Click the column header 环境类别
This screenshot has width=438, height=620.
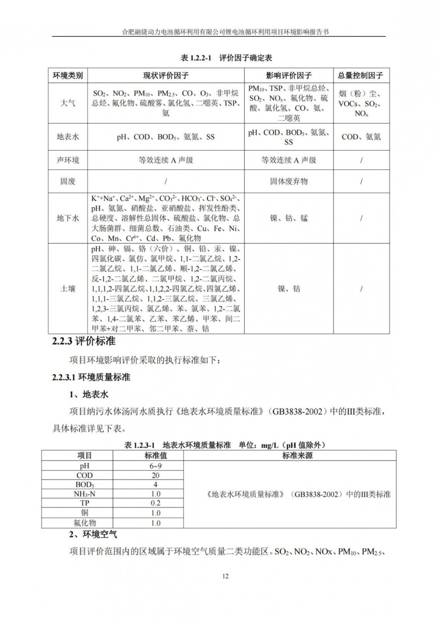pos(67,75)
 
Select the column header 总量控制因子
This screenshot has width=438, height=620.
pos(360,75)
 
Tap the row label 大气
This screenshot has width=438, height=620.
pos(67,103)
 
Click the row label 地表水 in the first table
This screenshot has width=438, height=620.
pos(67,137)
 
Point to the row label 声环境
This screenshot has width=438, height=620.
pos(67,160)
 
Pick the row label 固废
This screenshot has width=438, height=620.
pos(67,181)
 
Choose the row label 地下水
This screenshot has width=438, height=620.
pos(67,218)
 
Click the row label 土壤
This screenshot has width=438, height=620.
pos(67,289)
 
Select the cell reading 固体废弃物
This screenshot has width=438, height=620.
pos(289,181)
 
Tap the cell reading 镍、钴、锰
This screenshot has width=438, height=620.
pos(289,218)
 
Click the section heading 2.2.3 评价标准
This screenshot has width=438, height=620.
pos(84,341)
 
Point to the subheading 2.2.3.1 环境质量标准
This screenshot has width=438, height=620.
pos(91,377)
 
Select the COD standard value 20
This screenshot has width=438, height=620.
pos(155,475)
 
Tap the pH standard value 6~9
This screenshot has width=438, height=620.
pos(155,466)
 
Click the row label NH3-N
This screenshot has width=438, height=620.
pos(85,494)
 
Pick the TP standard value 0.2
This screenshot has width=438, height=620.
pos(155,503)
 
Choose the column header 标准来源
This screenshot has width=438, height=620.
pos(297,456)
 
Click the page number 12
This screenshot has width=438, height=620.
pos(226,576)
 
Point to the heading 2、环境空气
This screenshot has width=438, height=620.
pos(93,534)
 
